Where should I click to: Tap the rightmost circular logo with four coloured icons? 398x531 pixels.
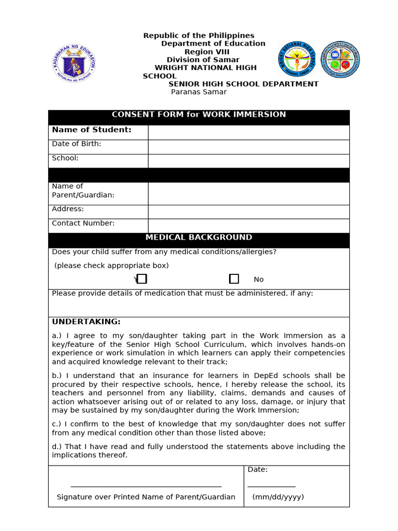pos(339,60)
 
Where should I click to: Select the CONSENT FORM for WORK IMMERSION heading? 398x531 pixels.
pos(198,115)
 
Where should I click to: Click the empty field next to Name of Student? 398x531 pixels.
pos(248,132)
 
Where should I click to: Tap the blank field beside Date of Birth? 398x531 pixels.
pos(248,147)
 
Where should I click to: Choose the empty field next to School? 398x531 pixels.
pos(248,161)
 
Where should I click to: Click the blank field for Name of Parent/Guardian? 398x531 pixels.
pos(248,193)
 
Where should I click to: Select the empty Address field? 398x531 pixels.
pos(248,212)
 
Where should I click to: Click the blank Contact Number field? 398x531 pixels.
pos(248,226)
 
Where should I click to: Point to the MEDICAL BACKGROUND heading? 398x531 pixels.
pos(198,237)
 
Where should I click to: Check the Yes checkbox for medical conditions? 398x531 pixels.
pos(142,279)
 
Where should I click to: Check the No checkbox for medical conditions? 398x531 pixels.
pos(234,279)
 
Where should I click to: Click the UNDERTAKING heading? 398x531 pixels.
pos(86,322)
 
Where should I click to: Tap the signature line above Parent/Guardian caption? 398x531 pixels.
pos(146,486)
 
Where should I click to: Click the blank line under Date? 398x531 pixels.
pos(271,486)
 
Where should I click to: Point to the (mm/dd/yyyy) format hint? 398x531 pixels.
pos(278,497)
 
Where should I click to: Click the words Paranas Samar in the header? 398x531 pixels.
pos(198,92)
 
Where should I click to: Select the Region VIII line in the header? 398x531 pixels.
pos(207,52)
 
